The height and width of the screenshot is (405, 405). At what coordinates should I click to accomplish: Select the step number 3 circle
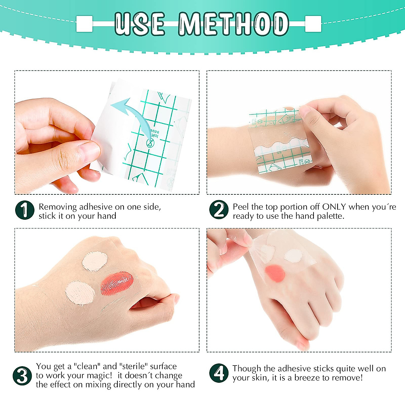coord(22,375)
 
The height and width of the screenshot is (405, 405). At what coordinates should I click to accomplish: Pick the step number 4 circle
coord(219,373)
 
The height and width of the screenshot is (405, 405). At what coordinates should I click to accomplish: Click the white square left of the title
coord(84,24)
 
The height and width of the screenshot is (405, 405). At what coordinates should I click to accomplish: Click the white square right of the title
coord(313,24)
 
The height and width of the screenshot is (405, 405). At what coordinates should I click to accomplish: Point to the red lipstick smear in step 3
coord(117,283)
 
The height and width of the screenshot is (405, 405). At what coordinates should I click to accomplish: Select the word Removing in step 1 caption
coord(58,207)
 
